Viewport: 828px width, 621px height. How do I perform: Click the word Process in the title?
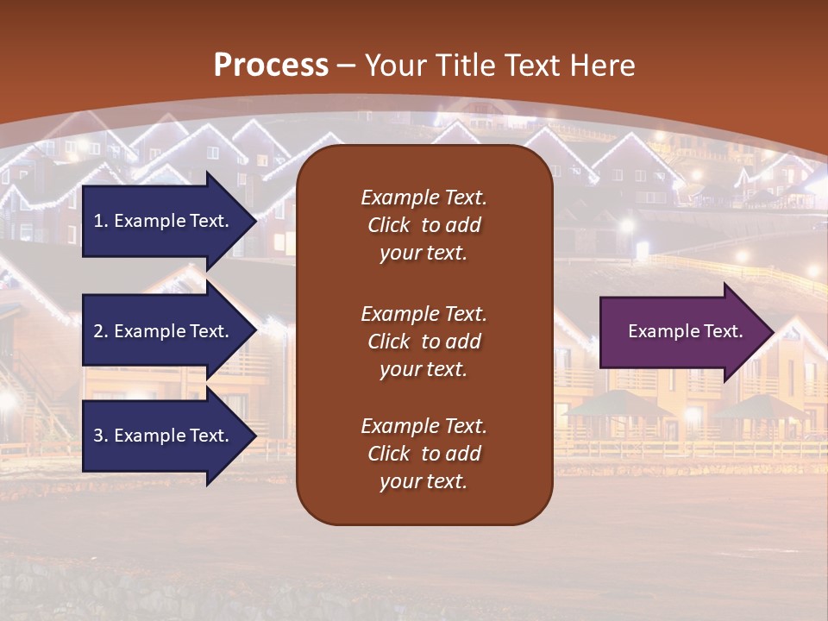[x=271, y=66]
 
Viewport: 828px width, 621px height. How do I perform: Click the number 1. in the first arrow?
[x=100, y=221]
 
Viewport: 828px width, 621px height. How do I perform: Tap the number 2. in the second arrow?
[x=100, y=331]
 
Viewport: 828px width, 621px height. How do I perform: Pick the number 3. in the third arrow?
[x=100, y=436]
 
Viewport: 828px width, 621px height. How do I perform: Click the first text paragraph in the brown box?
[x=423, y=225]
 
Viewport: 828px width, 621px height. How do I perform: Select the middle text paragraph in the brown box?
[x=423, y=342]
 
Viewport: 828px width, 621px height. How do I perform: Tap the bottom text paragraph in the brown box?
[x=423, y=454]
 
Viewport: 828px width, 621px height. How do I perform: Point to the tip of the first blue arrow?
[x=255, y=221]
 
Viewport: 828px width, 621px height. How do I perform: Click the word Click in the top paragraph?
[x=388, y=225]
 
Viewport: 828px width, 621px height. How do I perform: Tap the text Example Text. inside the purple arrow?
[x=686, y=331]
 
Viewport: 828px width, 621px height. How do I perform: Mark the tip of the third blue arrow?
[x=255, y=436]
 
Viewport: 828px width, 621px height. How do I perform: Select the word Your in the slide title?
[x=393, y=66]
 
